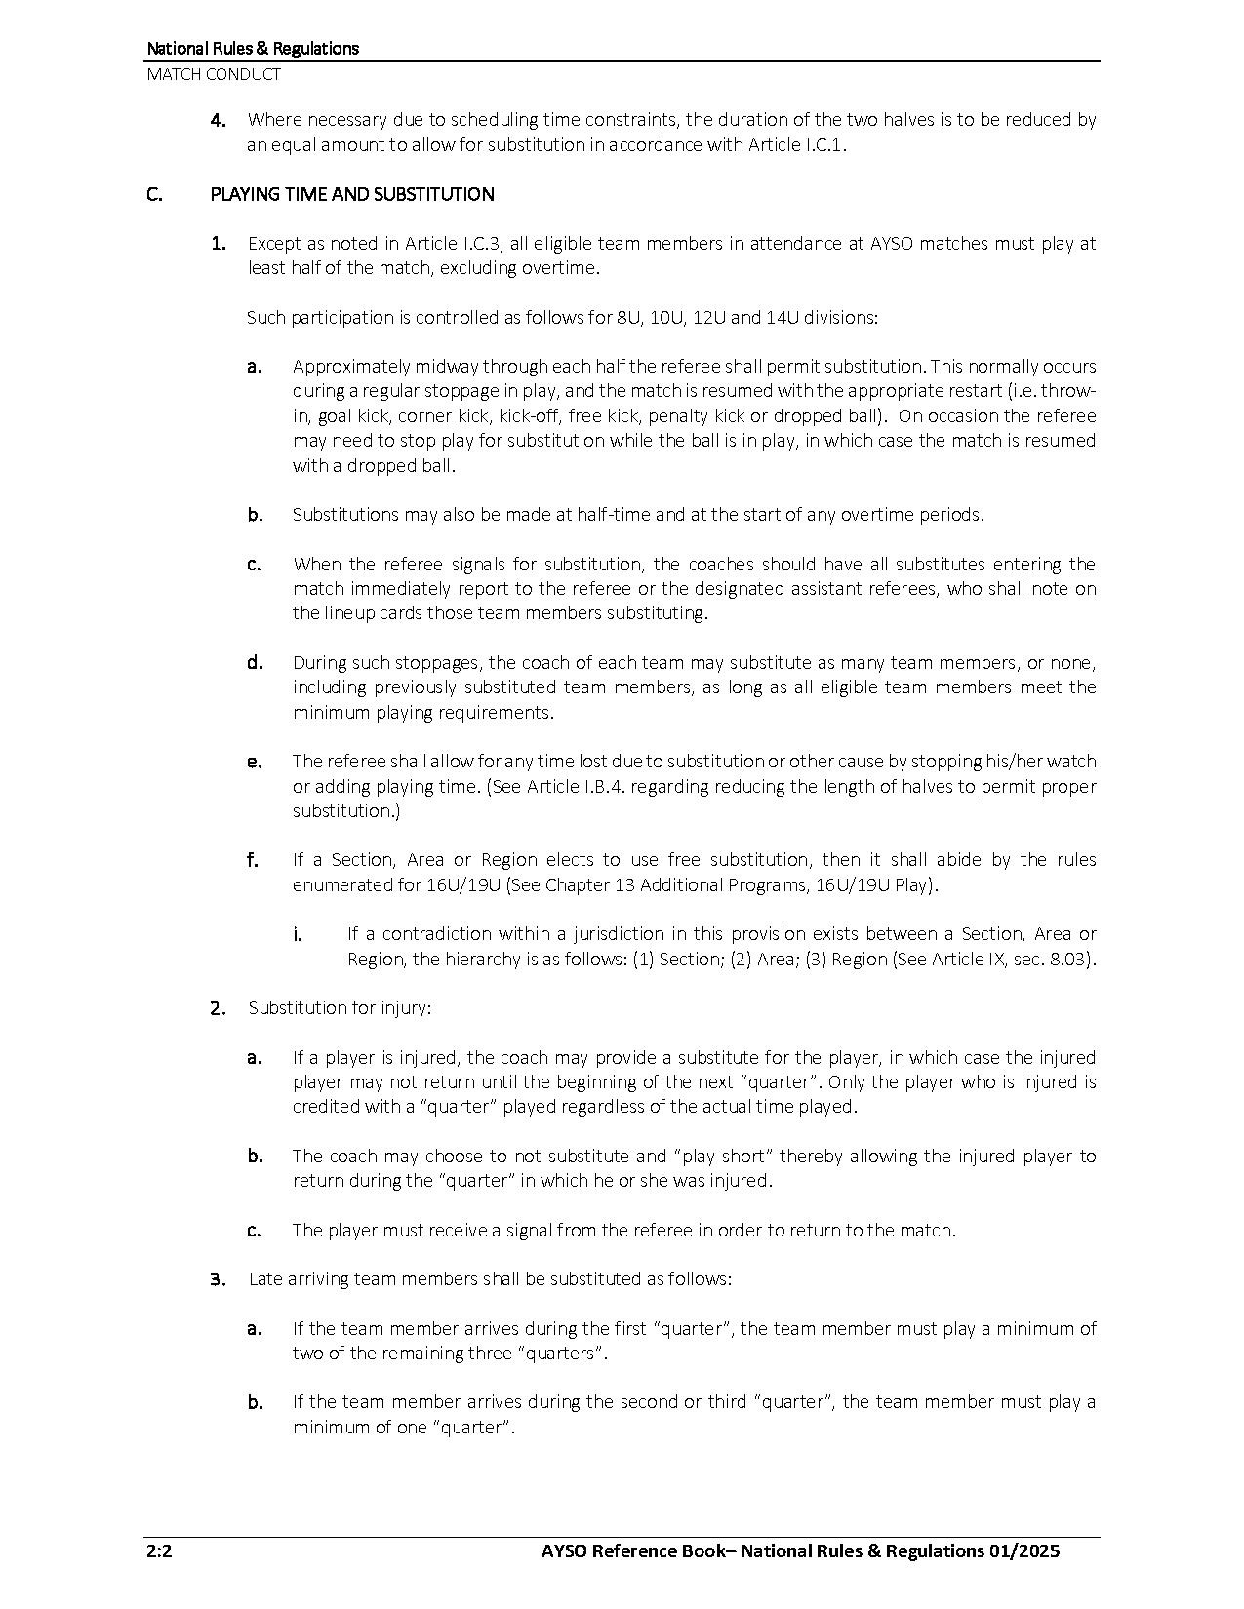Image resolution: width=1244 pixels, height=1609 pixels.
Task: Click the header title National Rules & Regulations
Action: [253, 48]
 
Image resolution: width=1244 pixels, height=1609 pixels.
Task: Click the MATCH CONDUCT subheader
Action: [214, 74]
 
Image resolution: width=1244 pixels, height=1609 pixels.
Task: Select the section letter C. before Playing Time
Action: [155, 194]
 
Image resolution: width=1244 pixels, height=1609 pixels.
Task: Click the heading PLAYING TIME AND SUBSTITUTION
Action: [352, 194]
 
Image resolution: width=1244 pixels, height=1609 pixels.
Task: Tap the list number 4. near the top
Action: [220, 120]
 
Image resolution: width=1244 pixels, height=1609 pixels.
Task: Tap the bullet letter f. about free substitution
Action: [253, 860]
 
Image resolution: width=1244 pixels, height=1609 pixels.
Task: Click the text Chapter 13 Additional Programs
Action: [660, 885]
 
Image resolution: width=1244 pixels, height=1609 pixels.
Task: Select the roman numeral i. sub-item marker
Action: [297, 934]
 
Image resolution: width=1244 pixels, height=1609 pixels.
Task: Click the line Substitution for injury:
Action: [339, 1008]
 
